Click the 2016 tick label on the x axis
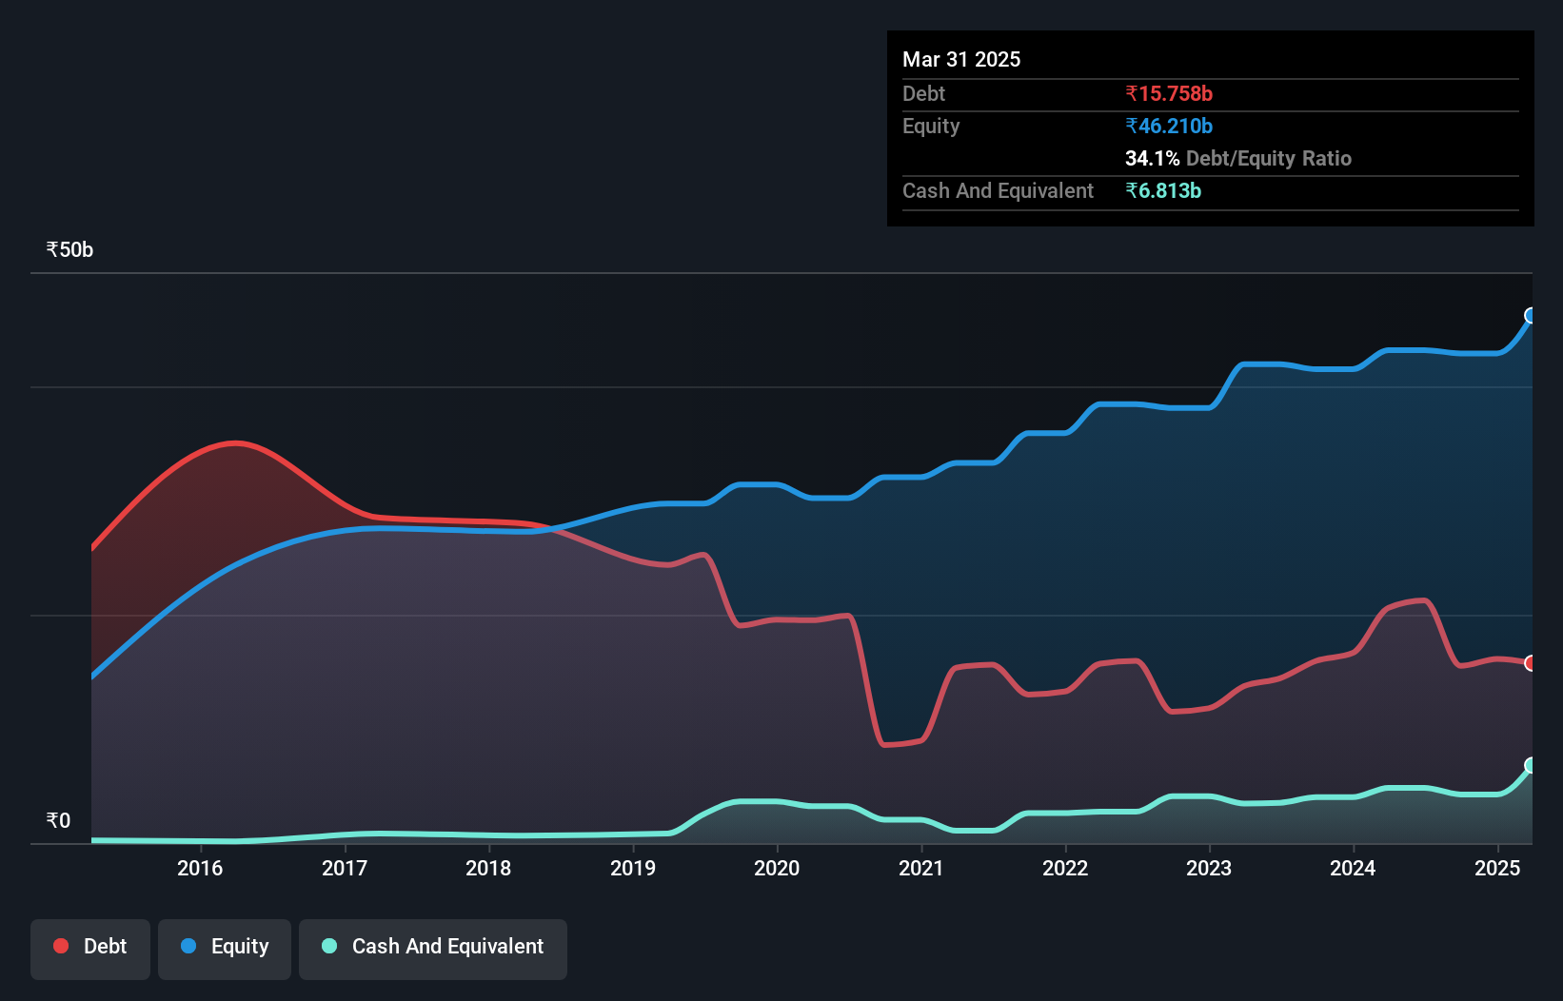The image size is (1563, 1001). tap(200, 868)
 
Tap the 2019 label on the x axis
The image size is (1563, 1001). tap(633, 868)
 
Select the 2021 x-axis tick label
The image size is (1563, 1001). tap(920, 868)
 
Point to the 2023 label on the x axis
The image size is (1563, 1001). tap(1209, 868)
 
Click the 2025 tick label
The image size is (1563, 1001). tap(1497, 868)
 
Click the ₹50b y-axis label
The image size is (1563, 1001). tap(69, 249)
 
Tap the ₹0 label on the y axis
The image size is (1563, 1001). tap(58, 820)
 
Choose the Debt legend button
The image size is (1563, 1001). tap(90, 947)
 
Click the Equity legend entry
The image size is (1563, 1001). tap(225, 947)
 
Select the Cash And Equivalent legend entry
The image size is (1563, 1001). tap(433, 947)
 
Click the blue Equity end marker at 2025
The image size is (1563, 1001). tap(1531, 316)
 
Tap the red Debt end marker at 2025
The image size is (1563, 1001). tap(1531, 663)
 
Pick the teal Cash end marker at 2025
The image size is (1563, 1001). tap(1531, 765)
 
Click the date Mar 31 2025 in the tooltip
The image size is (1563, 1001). tap(961, 59)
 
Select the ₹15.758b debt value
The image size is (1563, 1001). tap(1169, 93)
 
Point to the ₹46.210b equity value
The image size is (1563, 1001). tap(1169, 126)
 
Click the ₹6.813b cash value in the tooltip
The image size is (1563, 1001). tap(1163, 190)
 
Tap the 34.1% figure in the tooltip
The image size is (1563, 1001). tap(1152, 158)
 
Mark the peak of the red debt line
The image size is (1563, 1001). tap(235, 442)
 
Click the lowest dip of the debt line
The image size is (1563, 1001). tap(887, 745)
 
